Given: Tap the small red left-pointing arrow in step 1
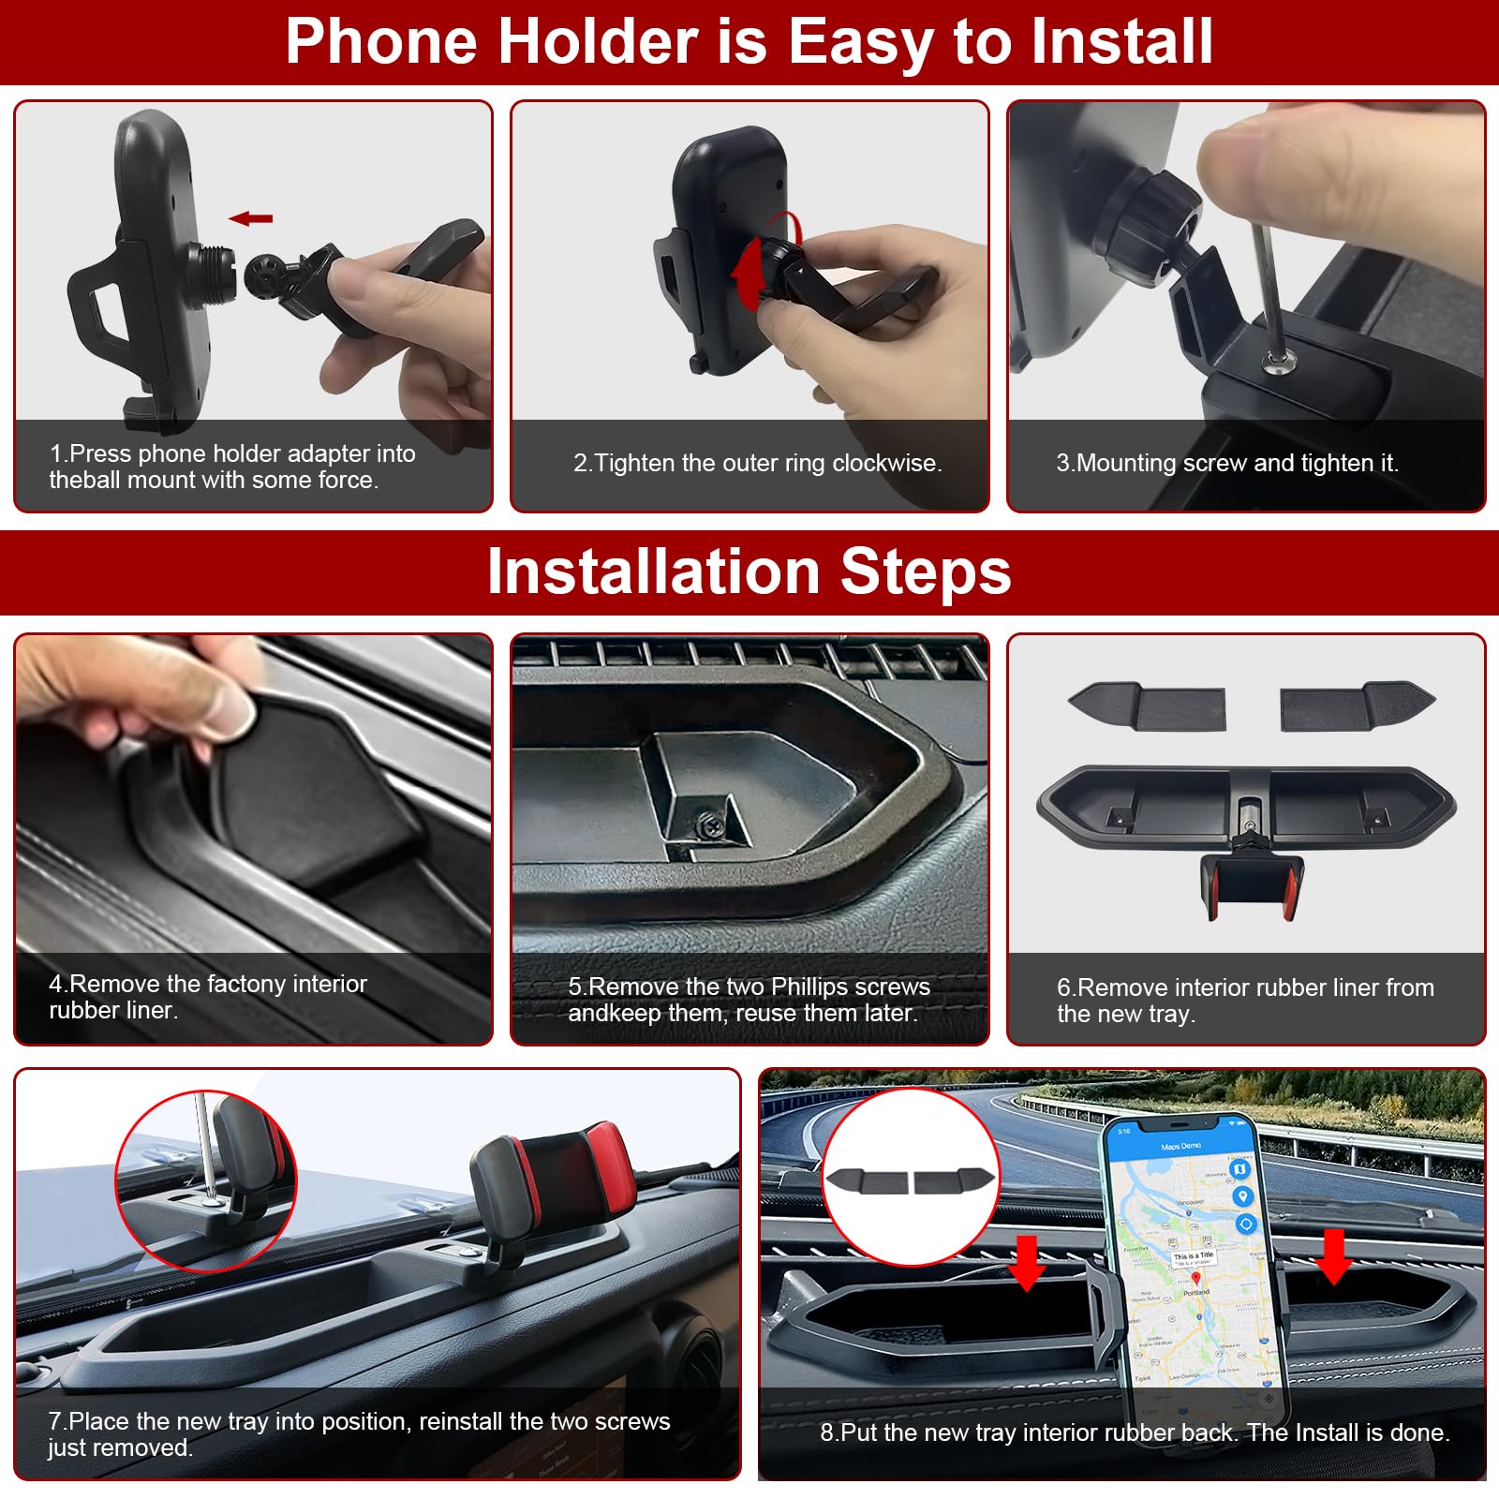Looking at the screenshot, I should (x=250, y=218).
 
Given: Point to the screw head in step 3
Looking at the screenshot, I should (x=1272, y=362).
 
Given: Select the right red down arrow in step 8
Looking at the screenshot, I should (x=1332, y=1255).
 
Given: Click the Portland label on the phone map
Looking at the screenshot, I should (x=1196, y=1292).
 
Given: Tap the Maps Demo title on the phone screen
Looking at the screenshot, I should (x=1180, y=1146).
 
